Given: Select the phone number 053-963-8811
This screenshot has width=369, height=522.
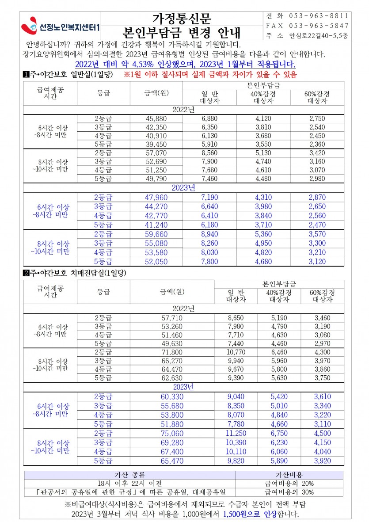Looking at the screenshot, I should click(x=319, y=15).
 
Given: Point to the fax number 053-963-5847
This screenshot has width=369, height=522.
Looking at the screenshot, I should click(x=319, y=26).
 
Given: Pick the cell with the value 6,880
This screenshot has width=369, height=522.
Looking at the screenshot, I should click(x=209, y=118).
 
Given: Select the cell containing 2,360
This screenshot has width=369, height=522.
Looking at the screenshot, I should click(x=317, y=144).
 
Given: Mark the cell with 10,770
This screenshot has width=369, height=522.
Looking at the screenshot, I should click(x=236, y=352).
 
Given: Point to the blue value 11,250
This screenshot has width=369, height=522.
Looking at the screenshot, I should click(x=236, y=434).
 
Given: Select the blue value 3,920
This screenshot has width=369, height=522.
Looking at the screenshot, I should click(x=322, y=461).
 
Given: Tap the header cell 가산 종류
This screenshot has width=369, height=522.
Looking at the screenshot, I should click(x=129, y=475).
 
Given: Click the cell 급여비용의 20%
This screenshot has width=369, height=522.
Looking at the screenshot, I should click(x=289, y=483).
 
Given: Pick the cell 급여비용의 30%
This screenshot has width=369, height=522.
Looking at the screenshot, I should click(x=289, y=492).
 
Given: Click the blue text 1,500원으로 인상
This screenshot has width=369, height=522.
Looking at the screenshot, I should click(x=250, y=514).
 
